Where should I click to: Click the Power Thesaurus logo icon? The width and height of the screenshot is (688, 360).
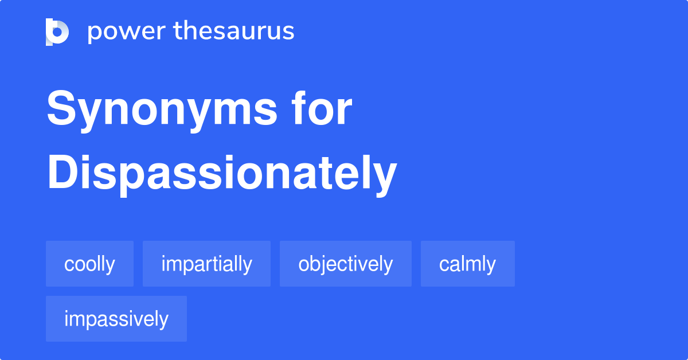[57, 32]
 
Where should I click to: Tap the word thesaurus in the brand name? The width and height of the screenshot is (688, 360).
[234, 32]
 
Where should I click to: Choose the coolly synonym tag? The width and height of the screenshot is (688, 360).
[89, 264]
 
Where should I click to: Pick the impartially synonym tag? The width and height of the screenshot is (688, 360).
[206, 264]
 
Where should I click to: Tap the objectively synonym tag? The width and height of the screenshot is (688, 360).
[345, 264]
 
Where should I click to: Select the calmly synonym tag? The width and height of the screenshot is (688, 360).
[467, 264]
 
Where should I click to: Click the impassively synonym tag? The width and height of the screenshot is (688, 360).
[116, 319]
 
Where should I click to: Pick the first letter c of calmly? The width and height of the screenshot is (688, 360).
[444, 265]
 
